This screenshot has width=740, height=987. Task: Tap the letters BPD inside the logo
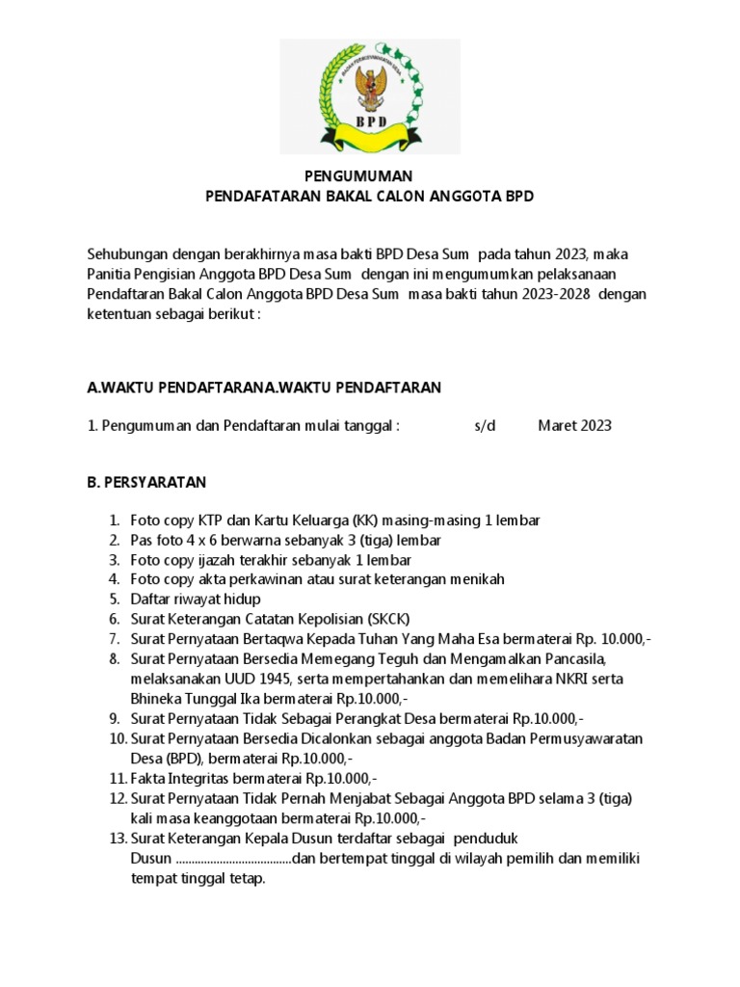pos(370,122)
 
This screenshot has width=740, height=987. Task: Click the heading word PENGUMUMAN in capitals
pos(357,176)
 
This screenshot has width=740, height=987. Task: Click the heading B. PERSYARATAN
pos(146,481)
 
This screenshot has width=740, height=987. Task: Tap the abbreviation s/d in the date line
pos(485,425)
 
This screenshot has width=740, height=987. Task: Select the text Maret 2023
pos(574,425)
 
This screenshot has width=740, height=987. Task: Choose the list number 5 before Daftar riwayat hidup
pos(114,599)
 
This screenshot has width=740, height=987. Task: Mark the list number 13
pos(117,838)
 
